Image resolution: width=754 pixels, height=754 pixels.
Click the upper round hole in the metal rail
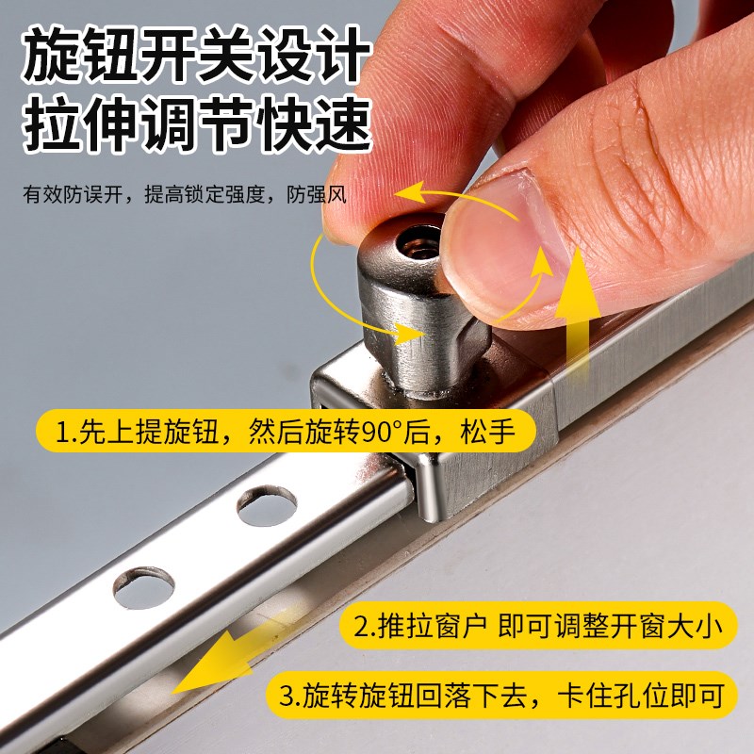[x=267, y=506]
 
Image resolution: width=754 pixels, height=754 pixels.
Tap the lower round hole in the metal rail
[x=143, y=586]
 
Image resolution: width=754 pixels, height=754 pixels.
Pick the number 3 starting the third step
[x=289, y=697]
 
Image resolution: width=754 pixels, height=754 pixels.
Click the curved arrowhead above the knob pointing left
[x=407, y=194]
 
